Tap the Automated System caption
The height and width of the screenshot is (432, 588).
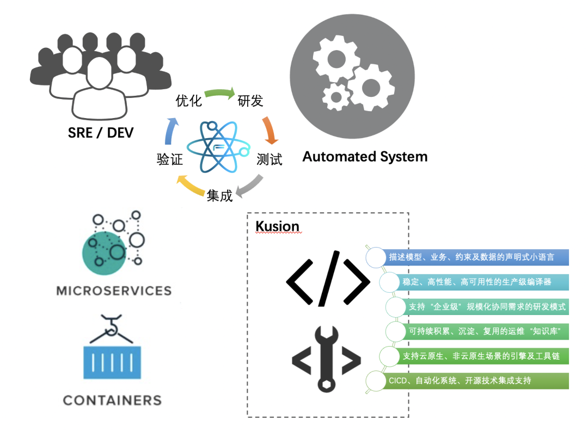365,157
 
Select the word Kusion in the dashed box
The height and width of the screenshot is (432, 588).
277,226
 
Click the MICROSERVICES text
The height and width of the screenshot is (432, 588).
114,291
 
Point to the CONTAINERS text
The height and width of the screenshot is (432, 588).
112,400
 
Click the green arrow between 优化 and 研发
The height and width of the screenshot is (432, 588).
219,93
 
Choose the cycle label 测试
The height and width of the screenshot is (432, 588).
269,160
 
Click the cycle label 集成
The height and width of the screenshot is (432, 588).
219,195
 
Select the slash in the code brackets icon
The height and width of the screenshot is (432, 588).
328,278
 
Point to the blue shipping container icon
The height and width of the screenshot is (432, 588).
112,361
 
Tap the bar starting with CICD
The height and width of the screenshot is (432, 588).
468,381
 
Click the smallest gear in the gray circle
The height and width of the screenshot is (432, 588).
336,97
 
